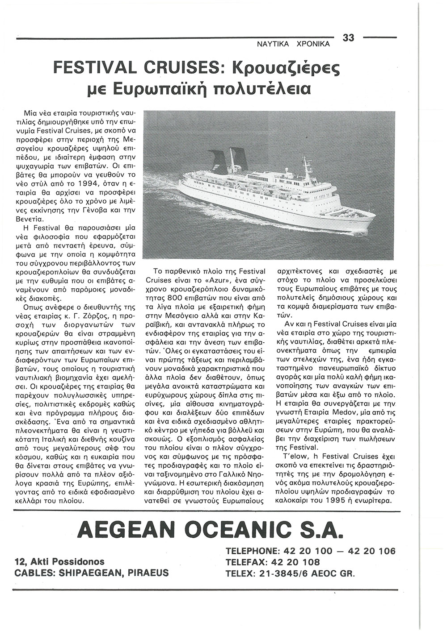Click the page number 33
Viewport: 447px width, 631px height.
[349, 38]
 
